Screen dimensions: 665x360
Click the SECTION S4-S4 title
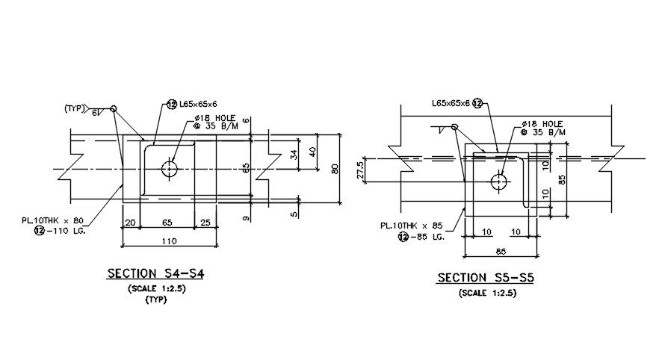coord(155,273)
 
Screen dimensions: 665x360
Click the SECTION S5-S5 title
coord(486,278)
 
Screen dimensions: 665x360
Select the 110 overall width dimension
coord(169,240)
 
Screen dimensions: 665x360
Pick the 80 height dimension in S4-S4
coord(335,169)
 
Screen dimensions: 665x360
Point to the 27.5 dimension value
coord(360,170)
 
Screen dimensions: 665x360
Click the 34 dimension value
coord(294,155)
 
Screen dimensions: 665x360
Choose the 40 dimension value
coord(313,152)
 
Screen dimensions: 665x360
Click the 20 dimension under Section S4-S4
coord(131,223)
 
